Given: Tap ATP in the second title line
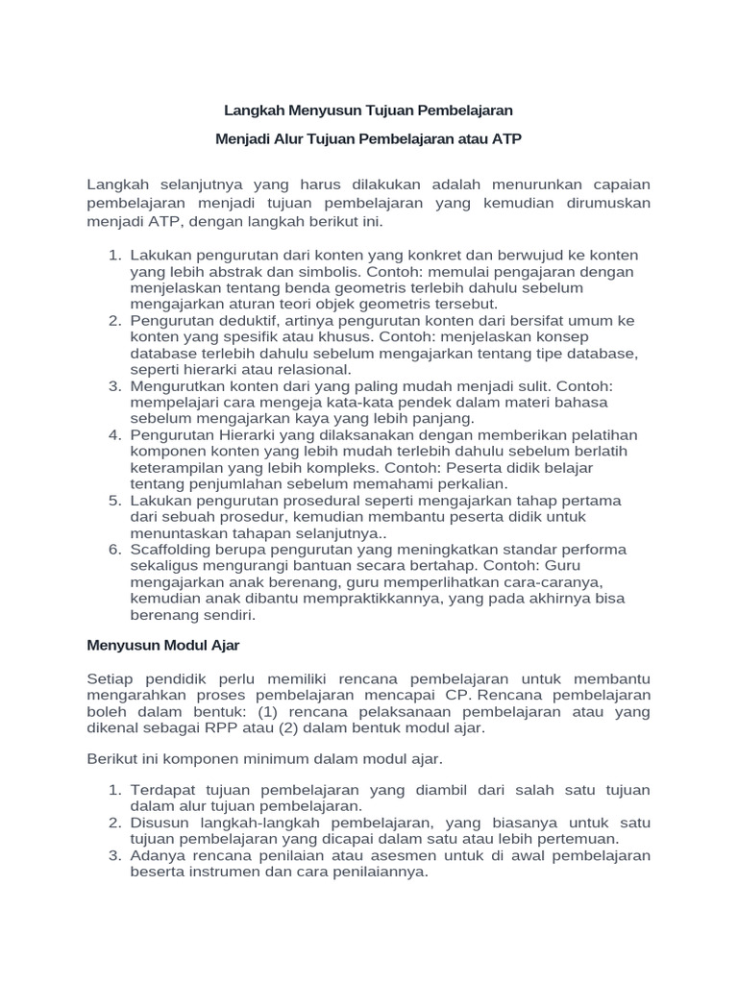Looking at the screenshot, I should click(505, 138).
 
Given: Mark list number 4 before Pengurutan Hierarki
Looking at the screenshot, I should click(114, 435).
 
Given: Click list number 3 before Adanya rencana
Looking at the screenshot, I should click(114, 855).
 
